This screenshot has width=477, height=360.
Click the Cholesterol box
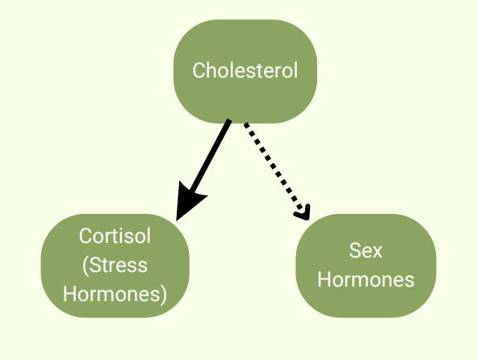(245, 72)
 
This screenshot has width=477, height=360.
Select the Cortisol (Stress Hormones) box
(115, 266)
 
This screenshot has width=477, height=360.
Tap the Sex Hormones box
(366, 266)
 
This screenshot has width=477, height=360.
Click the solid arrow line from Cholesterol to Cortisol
(203, 170)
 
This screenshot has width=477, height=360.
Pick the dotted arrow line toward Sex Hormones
(277, 171)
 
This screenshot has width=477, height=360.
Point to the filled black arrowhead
(188, 201)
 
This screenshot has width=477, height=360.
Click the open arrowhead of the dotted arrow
(303, 211)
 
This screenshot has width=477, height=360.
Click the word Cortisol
(115, 236)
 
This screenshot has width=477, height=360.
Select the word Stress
(119, 265)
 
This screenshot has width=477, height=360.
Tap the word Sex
(366, 250)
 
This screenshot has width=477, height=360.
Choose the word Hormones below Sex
(366, 279)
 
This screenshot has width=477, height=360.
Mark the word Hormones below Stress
(112, 295)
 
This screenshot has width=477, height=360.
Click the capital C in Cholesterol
(199, 70)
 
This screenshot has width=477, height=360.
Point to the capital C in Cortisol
(86, 236)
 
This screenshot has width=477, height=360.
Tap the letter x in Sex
(377, 253)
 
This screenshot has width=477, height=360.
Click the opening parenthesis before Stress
(86, 266)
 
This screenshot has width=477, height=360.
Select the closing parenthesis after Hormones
(164, 295)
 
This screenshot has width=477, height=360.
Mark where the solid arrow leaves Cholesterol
(229, 121)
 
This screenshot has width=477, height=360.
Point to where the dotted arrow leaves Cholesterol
(245, 123)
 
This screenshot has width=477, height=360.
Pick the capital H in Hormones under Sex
(324, 279)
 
